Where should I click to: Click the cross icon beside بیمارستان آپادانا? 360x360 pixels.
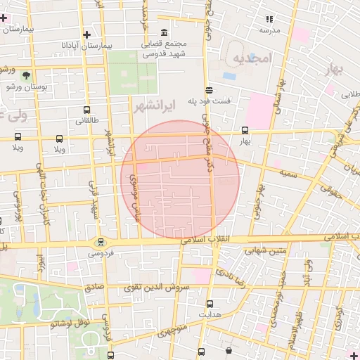pyautogui.click(x=86, y=34)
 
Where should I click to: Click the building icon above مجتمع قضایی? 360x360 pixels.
pyautogui.click(x=164, y=33)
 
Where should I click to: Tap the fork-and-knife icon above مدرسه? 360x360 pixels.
pyautogui.click(x=269, y=19)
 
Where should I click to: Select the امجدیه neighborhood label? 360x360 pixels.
pyautogui.click(x=251, y=58)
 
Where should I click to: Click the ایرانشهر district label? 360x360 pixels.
pyautogui.click(x=153, y=105)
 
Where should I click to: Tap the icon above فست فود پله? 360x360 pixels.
pyautogui.click(x=209, y=89)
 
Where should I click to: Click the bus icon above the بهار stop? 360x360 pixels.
pyautogui.click(x=245, y=130)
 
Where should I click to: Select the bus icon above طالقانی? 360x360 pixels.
pyautogui.click(x=86, y=110)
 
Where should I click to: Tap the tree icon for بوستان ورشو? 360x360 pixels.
pyautogui.click(x=27, y=75)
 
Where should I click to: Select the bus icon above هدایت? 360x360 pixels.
pyautogui.click(x=210, y=304)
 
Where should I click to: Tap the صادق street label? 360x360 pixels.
pyautogui.click(x=94, y=288)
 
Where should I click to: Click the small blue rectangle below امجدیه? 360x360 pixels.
pyautogui.click(x=229, y=75)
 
